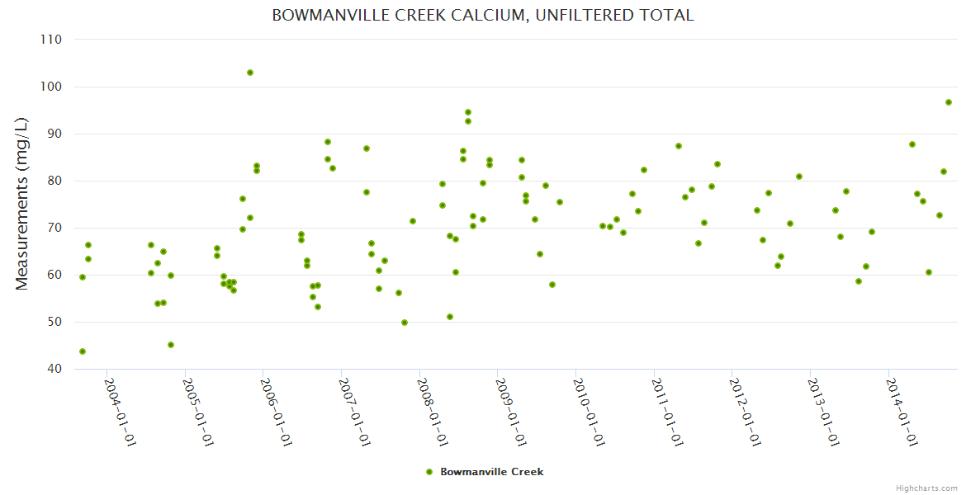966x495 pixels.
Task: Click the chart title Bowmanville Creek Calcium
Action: click(x=483, y=16)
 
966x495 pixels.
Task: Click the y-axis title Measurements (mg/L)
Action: click(x=22, y=204)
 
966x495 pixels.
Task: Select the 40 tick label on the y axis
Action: click(x=55, y=369)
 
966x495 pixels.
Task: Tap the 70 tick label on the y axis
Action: click(x=55, y=228)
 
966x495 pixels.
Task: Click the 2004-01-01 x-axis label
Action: click(x=120, y=412)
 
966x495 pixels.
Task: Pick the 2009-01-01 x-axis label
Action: click(x=511, y=412)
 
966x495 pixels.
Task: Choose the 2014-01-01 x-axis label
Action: click(x=902, y=412)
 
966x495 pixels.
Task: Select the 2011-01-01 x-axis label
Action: click(x=667, y=412)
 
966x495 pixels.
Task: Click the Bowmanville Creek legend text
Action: click(x=492, y=472)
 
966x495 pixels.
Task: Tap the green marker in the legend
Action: click(x=429, y=472)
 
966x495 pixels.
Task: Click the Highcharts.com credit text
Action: click(x=926, y=488)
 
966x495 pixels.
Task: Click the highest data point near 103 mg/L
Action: click(x=250, y=73)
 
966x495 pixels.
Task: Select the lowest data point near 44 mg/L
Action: click(x=83, y=351)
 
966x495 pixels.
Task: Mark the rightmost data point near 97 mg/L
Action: click(x=949, y=102)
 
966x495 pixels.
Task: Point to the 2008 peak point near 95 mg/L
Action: click(x=468, y=112)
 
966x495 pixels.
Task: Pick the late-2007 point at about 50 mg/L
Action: click(x=405, y=323)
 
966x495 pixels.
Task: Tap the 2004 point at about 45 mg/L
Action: click(x=171, y=345)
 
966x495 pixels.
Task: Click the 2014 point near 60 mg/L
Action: click(x=929, y=272)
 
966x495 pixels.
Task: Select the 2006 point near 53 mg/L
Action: click(x=318, y=307)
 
